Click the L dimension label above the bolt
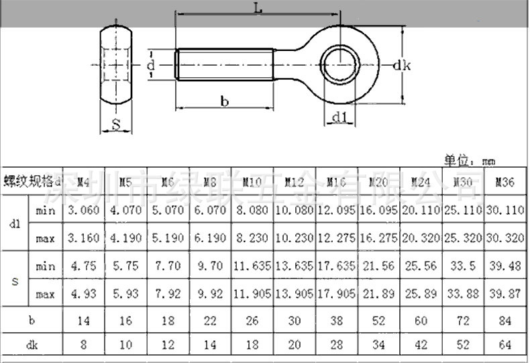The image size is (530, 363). pyautogui.click(x=258, y=8)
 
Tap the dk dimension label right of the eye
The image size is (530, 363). pyautogui.click(x=401, y=65)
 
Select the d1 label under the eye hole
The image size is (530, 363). pyautogui.click(x=340, y=119)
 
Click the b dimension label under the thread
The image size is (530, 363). pyautogui.click(x=225, y=101)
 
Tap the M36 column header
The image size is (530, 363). pyautogui.click(x=505, y=181)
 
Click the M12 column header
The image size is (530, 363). pyautogui.click(x=294, y=181)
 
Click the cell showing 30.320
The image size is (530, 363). pyautogui.click(x=505, y=238)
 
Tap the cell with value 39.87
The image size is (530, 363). pyautogui.click(x=505, y=294)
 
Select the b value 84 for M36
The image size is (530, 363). pyautogui.click(x=505, y=321)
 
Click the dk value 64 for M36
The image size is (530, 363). pyautogui.click(x=505, y=345)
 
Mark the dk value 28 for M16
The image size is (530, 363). pyautogui.click(x=336, y=345)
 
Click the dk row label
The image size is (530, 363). pyautogui.click(x=32, y=345)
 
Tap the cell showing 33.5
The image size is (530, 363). pyautogui.click(x=462, y=266)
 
